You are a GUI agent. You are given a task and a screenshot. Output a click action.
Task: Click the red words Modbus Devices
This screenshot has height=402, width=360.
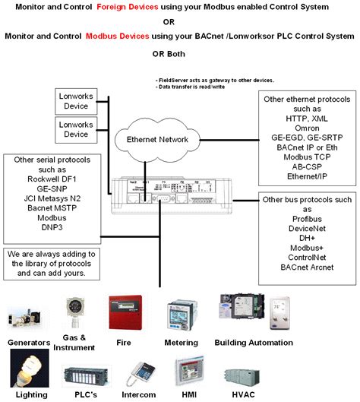(x=115, y=36)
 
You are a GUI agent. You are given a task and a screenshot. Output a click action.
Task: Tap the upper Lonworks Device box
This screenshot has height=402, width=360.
(x=76, y=101)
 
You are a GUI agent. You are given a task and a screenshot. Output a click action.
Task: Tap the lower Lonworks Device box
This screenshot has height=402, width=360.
(x=76, y=128)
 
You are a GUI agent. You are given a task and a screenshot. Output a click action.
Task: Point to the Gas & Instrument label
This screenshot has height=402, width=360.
(x=79, y=342)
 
